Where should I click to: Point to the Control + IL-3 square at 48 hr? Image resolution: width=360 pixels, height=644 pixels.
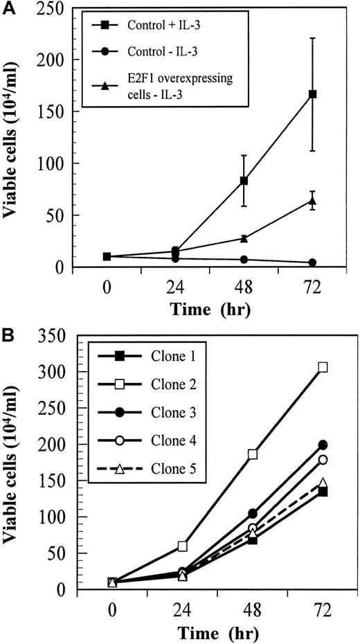tap(244, 181)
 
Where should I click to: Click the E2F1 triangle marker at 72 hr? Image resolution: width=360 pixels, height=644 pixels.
tap(313, 202)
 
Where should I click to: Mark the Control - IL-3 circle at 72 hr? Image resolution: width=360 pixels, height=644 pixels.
tap(313, 262)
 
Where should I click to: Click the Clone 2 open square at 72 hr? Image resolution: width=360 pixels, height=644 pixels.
tap(322, 368)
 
